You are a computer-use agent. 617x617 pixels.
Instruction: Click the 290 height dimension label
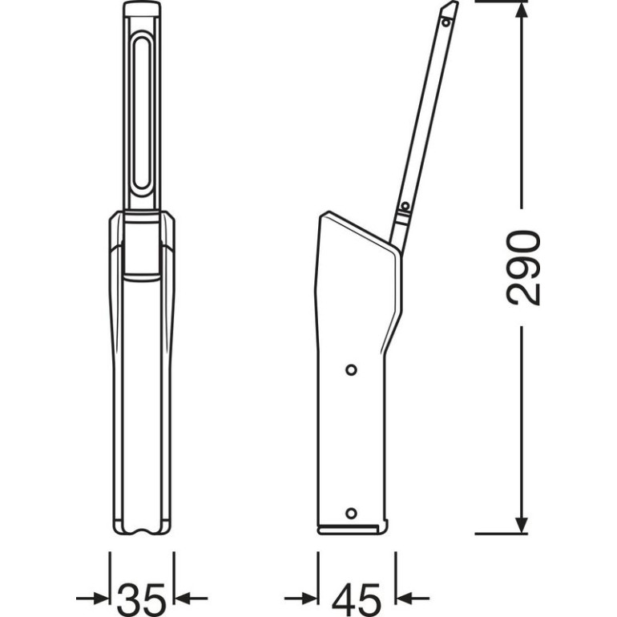pos(523,268)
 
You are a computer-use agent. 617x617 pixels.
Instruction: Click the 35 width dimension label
pos(142,599)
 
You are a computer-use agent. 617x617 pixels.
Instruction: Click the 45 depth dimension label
pos(357,599)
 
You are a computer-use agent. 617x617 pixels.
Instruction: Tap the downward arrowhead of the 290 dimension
pos(522,526)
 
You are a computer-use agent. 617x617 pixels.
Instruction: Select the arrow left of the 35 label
pos(92,599)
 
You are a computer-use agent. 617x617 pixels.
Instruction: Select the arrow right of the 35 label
pos(191,599)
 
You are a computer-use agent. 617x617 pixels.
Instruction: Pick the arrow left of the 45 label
pos(300,599)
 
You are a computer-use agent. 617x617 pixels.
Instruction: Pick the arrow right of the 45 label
pos(413,599)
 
